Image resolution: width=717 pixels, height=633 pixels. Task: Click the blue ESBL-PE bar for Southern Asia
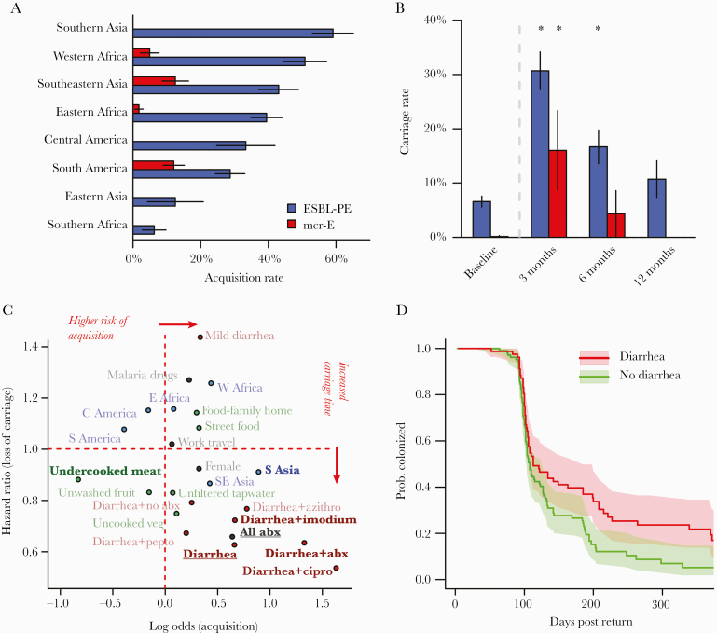coord(233,33)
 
